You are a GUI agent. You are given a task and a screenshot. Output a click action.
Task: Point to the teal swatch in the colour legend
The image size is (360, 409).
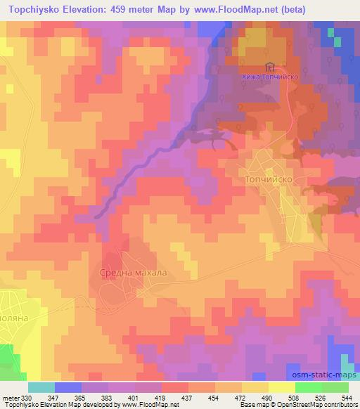[x=41, y=387]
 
